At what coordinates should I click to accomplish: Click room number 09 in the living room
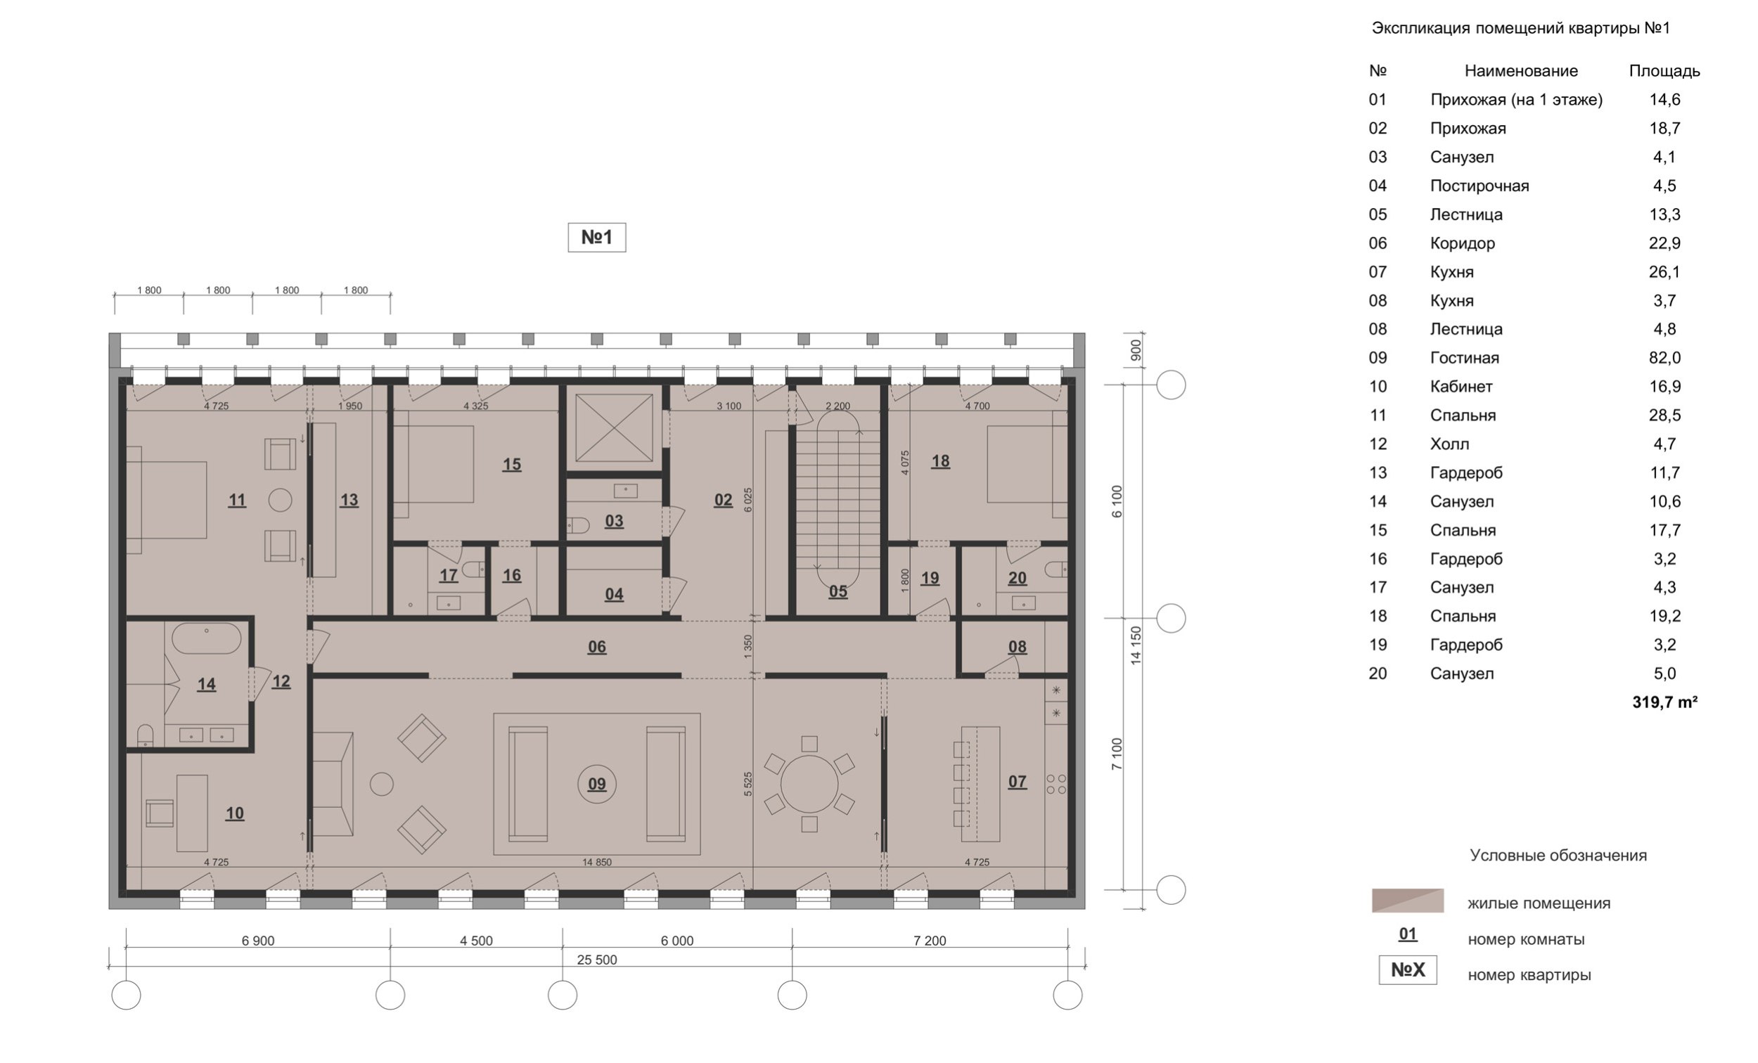[x=596, y=784]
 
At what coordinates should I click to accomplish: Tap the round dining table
[x=809, y=784]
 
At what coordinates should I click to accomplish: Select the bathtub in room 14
[x=207, y=638]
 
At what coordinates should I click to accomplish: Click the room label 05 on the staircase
[x=838, y=591]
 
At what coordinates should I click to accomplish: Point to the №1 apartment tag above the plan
[x=596, y=237]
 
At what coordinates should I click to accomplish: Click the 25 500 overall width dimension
[x=596, y=960]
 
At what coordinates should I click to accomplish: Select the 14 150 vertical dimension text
[x=1136, y=645]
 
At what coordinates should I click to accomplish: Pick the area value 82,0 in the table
[x=1664, y=357]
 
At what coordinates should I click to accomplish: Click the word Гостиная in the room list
[x=1464, y=357]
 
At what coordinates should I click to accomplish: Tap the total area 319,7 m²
[x=1664, y=702]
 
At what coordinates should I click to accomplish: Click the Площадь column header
[x=1664, y=71]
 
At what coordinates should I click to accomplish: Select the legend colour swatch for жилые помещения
[x=1407, y=901]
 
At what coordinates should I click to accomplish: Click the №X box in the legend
[x=1407, y=970]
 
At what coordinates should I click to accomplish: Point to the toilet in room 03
[x=579, y=527]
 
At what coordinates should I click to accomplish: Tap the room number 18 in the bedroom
[x=939, y=461]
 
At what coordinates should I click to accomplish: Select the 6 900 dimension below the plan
[x=257, y=940]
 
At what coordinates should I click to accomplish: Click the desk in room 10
[x=192, y=813]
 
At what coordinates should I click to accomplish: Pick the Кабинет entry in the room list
[x=1461, y=387]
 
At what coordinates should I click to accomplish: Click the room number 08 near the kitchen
[x=1017, y=646]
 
